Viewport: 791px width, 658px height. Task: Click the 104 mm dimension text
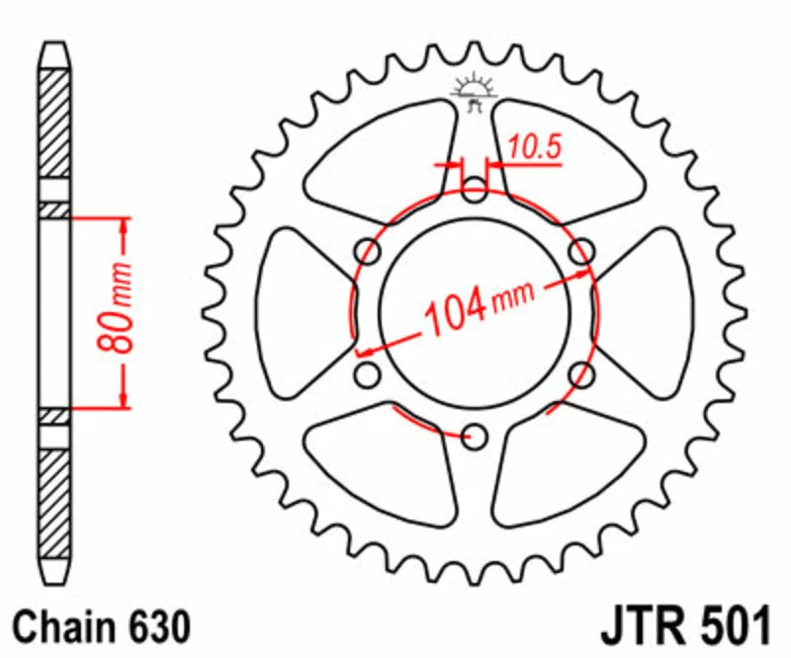(481, 307)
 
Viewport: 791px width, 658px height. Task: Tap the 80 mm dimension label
(115, 307)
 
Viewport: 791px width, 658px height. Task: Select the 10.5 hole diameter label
(534, 147)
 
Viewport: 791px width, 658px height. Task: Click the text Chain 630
(102, 627)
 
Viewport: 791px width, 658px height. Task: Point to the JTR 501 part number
(685, 627)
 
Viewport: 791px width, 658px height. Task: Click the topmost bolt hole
(475, 190)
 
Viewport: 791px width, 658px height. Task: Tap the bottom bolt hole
(475, 436)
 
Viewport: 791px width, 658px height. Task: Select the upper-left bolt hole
(368, 251)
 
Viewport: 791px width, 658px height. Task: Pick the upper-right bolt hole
(581, 251)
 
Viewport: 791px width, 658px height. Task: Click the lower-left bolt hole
(368, 374)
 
